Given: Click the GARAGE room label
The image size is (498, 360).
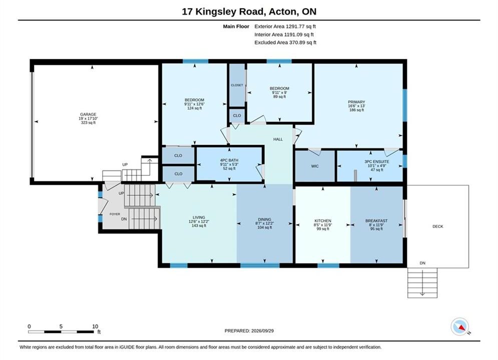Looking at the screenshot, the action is [x=88, y=114].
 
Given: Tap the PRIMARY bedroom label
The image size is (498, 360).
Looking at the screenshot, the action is [x=356, y=102].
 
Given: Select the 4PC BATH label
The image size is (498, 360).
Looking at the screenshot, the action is [x=229, y=160].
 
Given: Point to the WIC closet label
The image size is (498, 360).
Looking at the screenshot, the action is [x=315, y=166].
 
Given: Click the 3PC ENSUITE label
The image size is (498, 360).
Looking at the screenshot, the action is [x=377, y=162].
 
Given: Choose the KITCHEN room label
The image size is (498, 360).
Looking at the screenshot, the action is [x=323, y=221].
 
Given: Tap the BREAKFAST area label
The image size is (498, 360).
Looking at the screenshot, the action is [x=376, y=221].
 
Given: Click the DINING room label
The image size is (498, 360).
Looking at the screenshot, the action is [x=265, y=219].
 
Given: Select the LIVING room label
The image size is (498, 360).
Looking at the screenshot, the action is [x=199, y=217].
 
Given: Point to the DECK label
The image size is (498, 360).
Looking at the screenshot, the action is [x=437, y=226].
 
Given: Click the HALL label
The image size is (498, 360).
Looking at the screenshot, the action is [x=278, y=139].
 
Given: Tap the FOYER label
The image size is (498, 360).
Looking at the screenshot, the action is [x=115, y=214].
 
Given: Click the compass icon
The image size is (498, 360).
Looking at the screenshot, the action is [x=459, y=326].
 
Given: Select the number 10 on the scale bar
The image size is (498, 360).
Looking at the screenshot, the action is [x=95, y=326].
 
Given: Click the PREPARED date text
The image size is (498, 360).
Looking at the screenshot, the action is [x=249, y=331].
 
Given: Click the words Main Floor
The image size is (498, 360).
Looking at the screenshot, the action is [x=236, y=26].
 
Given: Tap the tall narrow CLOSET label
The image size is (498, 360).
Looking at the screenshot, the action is [x=237, y=85].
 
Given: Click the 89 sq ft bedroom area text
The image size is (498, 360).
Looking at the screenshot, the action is [x=279, y=96].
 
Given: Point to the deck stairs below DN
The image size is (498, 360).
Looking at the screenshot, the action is [x=422, y=283].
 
